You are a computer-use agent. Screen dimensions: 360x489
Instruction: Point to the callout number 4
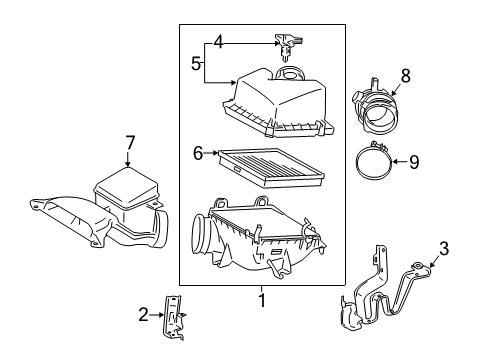point(217,42)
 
